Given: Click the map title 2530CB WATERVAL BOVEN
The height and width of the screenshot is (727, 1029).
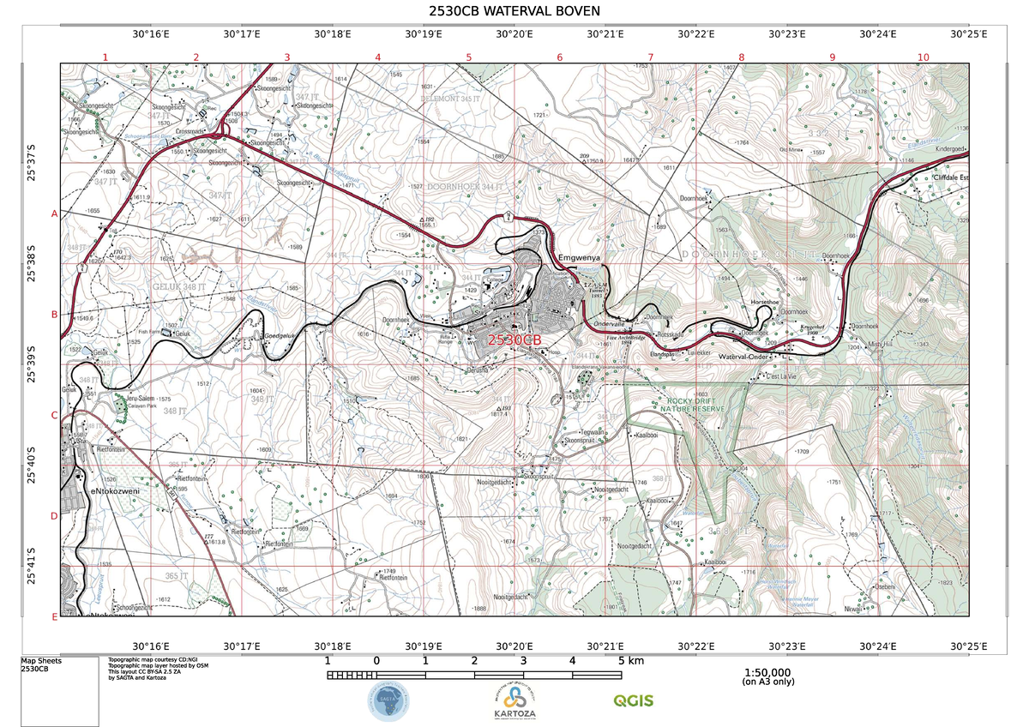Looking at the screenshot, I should pyautogui.click(x=514, y=11).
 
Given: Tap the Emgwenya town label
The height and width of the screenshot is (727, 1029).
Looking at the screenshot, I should pyautogui.click(x=581, y=257).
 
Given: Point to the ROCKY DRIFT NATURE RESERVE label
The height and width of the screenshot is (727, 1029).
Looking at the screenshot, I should pyautogui.click(x=692, y=406).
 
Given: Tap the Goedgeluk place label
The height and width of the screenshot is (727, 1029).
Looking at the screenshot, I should pyautogui.click(x=280, y=335).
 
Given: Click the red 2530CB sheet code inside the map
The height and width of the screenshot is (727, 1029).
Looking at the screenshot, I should pyautogui.click(x=514, y=339).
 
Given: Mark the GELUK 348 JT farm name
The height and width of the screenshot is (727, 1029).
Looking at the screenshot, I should pyautogui.click(x=178, y=285).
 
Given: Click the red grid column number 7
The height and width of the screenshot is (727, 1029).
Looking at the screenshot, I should pyautogui.click(x=651, y=57).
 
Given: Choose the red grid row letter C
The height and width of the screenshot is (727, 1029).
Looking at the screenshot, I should pyautogui.click(x=54, y=416).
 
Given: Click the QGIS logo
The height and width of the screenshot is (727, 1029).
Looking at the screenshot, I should pyautogui.click(x=633, y=700).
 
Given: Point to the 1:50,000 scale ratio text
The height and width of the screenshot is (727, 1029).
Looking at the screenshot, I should pyautogui.click(x=767, y=673).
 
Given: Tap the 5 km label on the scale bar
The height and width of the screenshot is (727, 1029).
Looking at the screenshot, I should pyautogui.click(x=630, y=661).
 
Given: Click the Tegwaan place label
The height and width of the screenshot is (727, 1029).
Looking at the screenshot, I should pyautogui.click(x=593, y=432).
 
